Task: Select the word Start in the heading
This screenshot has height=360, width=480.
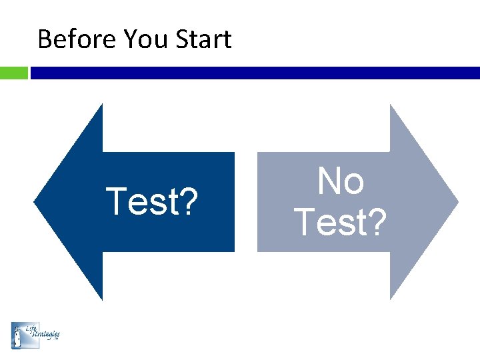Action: (x=203, y=39)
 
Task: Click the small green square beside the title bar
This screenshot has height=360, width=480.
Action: (x=13, y=73)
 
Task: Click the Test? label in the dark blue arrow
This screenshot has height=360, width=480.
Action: (x=152, y=202)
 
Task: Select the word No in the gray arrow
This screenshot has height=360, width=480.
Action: (x=341, y=181)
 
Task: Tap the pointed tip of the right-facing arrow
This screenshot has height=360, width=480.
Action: (x=457, y=201)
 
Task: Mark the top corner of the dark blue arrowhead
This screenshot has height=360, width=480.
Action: (x=102, y=105)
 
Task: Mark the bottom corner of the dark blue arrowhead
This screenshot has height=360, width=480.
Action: (x=102, y=299)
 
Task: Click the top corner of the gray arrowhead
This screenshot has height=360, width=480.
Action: (x=391, y=105)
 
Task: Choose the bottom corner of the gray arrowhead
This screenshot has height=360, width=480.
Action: (x=391, y=299)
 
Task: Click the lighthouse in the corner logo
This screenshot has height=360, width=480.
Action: (x=18, y=335)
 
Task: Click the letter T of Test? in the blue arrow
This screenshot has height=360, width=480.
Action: (x=116, y=201)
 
